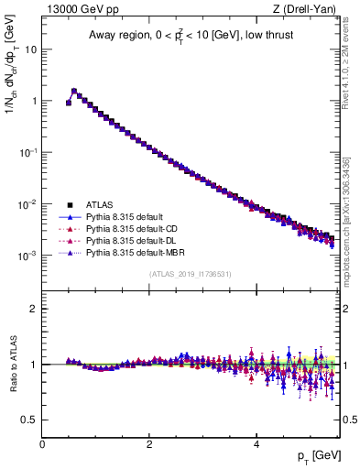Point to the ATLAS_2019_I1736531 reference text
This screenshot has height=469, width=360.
tap(189, 274)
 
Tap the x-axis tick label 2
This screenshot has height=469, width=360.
tap(149, 443)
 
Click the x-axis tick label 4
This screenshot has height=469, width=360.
tap(256, 443)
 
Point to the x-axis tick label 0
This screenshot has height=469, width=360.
tap(42, 443)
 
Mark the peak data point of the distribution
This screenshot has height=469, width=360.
tap(74, 92)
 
